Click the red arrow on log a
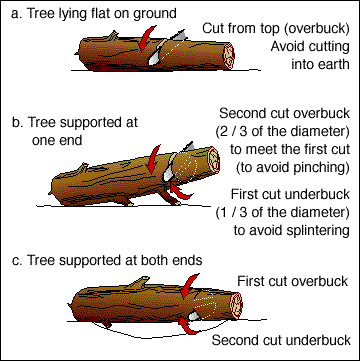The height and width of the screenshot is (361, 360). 146,39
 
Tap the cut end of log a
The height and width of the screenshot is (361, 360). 228,56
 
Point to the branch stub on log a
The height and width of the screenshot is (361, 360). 112,35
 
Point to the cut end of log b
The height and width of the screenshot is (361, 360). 213,160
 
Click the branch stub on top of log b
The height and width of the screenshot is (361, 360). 82,168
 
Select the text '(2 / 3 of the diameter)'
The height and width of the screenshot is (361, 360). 282,132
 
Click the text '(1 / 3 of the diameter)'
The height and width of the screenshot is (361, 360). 282,212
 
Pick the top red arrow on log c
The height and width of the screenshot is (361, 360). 189,286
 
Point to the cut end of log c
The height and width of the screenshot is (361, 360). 236,306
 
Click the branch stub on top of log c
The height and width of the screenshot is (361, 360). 139,282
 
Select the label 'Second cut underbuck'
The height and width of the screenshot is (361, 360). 281,340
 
